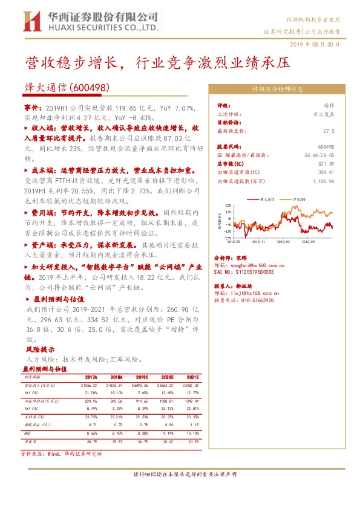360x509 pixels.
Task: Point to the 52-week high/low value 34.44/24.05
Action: tap(318, 155)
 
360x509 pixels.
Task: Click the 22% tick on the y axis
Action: tap(229, 206)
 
